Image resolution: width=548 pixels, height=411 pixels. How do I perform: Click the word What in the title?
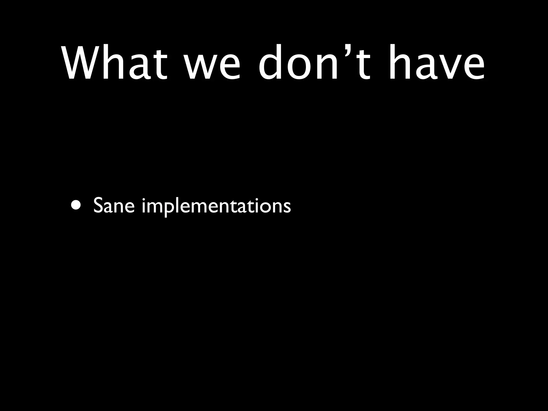pos(115,63)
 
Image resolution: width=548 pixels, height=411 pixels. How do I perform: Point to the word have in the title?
pos(436,63)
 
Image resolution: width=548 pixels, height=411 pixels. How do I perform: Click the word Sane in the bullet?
pos(114,206)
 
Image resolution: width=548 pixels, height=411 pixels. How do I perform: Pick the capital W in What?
pos(80,63)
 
